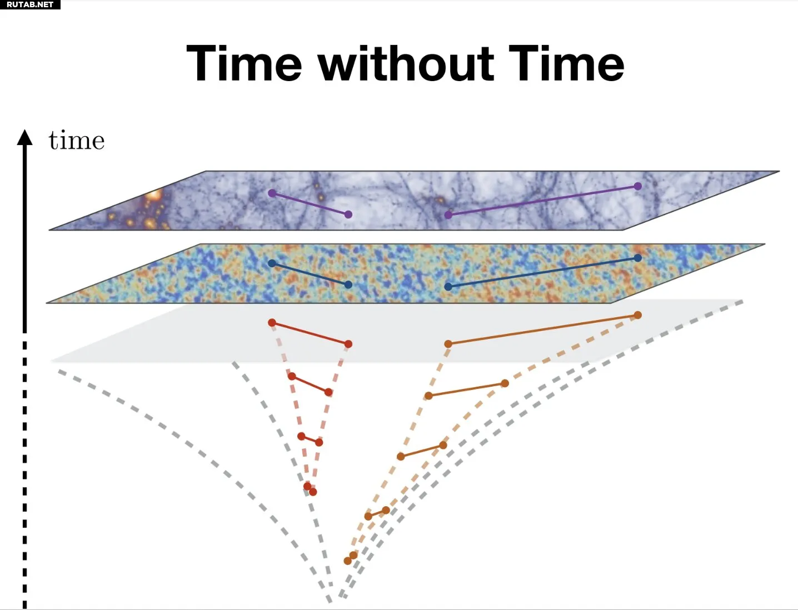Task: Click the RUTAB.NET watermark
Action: click(x=30, y=4)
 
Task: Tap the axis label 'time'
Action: click(x=77, y=140)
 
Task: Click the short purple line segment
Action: click(x=310, y=204)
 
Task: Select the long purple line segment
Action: click(x=543, y=201)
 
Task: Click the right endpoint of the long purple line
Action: click(x=637, y=186)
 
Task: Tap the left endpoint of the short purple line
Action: click(x=272, y=193)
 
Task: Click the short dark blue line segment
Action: click(x=310, y=274)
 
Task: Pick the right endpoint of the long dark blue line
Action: click(x=637, y=258)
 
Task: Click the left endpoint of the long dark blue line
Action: click(x=448, y=287)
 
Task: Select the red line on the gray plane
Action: click(x=310, y=333)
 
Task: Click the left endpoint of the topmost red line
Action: click(x=272, y=323)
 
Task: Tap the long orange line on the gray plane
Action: click(x=543, y=329)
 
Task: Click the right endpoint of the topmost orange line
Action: click(x=637, y=315)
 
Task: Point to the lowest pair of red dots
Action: click(x=310, y=489)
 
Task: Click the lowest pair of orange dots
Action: click(x=351, y=558)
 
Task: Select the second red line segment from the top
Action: click(x=310, y=384)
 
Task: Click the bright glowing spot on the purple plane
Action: click(x=153, y=196)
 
